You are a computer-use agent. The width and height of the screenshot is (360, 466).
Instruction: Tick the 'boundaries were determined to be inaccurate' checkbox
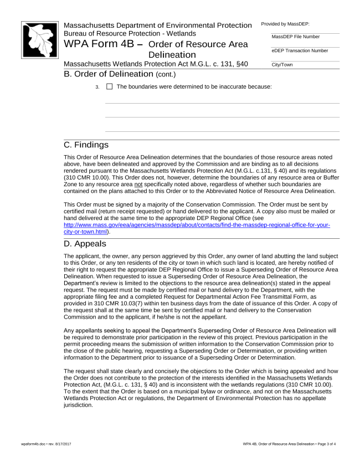pyautogui.click(x=109, y=86)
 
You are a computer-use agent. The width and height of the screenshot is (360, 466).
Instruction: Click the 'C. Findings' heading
pyautogui.click(x=86, y=145)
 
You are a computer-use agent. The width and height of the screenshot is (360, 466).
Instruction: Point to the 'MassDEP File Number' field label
pyautogui.click(x=296, y=37)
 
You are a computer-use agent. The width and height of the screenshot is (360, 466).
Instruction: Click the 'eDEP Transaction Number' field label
pyautogui.click(x=300, y=50)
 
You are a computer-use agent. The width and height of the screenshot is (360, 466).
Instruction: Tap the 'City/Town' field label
pyautogui.click(x=282, y=65)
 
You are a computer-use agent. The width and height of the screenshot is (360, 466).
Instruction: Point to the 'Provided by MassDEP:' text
pyautogui.click(x=285, y=24)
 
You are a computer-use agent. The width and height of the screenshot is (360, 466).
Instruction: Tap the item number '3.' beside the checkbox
pyautogui.click(x=97, y=87)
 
